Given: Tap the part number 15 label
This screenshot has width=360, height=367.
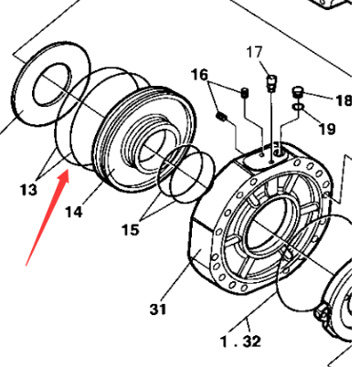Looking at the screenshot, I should [x=131, y=229].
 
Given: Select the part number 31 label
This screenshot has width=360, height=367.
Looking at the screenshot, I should [x=158, y=309].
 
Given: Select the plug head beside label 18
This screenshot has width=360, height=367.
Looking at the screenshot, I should [x=297, y=90].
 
